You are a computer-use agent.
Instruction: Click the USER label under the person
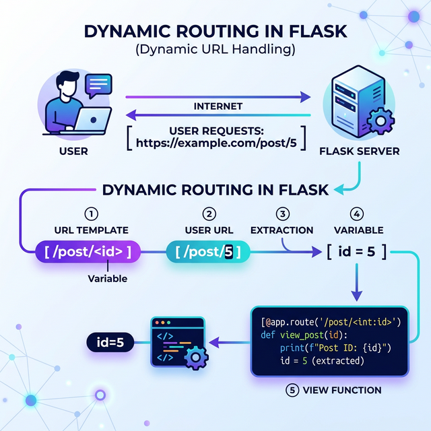click(73, 151)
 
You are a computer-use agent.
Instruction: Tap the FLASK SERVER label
click(359, 151)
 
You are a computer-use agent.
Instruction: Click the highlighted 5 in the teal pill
click(230, 253)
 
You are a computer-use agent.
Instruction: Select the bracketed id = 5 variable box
click(356, 253)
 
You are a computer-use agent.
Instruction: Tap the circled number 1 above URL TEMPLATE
click(87, 214)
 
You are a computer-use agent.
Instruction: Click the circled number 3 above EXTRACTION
click(282, 214)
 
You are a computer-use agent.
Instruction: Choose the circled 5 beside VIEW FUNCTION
click(292, 390)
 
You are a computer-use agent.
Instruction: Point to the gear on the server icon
click(382, 122)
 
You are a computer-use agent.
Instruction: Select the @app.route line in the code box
click(330, 321)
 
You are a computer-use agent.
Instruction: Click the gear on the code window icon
click(195, 358)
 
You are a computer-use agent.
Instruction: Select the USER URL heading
click(209, 230)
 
